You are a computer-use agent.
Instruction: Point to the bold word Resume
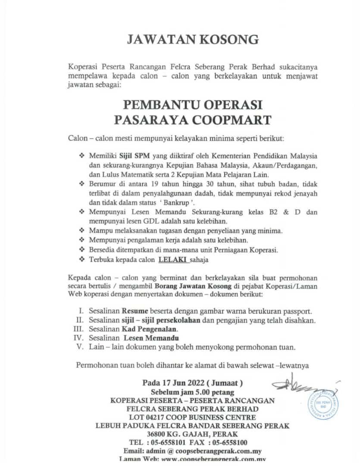pos(135,311)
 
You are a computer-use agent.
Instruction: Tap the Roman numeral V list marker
pos(80,347)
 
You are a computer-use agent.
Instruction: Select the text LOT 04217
pos(152,417)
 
